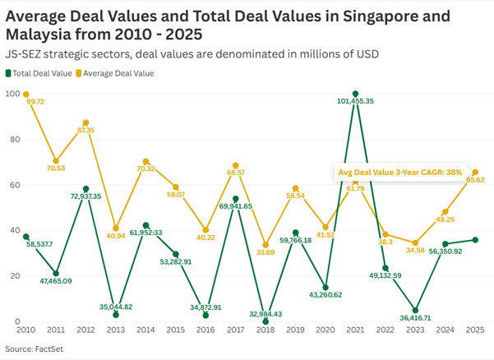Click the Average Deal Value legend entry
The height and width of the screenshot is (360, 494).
tap(118, 73)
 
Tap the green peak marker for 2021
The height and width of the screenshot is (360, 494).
tap(355, 94)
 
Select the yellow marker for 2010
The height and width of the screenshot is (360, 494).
tap(26, 95)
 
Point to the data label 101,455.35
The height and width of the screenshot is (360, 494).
tap(355, 101)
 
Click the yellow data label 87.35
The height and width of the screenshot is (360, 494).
tap(85, 130)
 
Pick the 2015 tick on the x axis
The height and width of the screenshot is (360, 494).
tap(176, 330)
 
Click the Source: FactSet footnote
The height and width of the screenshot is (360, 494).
tap(34, 348)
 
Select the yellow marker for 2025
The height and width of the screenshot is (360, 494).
tap(475, 172)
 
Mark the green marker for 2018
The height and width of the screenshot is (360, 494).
tap(265, 321)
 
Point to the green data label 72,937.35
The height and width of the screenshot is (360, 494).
tap(85, 196)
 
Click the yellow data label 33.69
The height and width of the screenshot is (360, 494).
tap(265, 253)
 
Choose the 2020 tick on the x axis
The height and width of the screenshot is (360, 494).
tap(325, 330)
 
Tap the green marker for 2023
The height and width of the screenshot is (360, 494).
tap(415, 310)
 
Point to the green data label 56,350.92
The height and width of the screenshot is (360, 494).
tap(445, 252)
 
